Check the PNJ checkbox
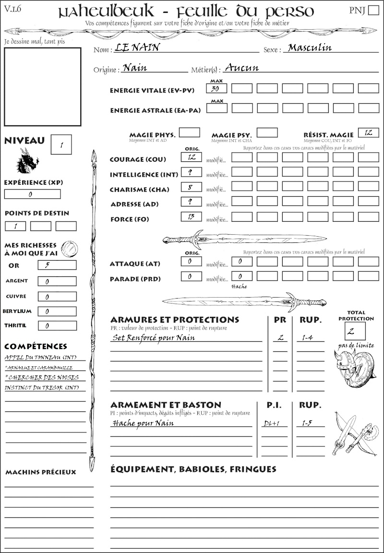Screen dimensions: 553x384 click(x=373, y=11)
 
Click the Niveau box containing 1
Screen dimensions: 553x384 click(x=61, y=144)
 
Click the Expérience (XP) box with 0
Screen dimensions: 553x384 click(x=32, y=194)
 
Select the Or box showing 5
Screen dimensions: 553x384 click(x=57, y=265)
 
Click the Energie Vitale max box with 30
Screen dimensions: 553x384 click(x=216, y=88)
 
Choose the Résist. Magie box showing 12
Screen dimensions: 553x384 click(x=368, y=132)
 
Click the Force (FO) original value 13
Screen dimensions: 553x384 click(x=191, y=216)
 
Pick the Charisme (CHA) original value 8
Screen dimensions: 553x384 click(x=191, y=187)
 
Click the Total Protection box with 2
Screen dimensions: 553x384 click(x=355, y=331)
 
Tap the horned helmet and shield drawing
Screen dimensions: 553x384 click(x=354, y=367)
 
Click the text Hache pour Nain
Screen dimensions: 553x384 click(x=143, y=423)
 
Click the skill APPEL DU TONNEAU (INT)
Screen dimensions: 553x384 click(x=41, y=357)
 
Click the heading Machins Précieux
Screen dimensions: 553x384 click(x=41, y=472)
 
